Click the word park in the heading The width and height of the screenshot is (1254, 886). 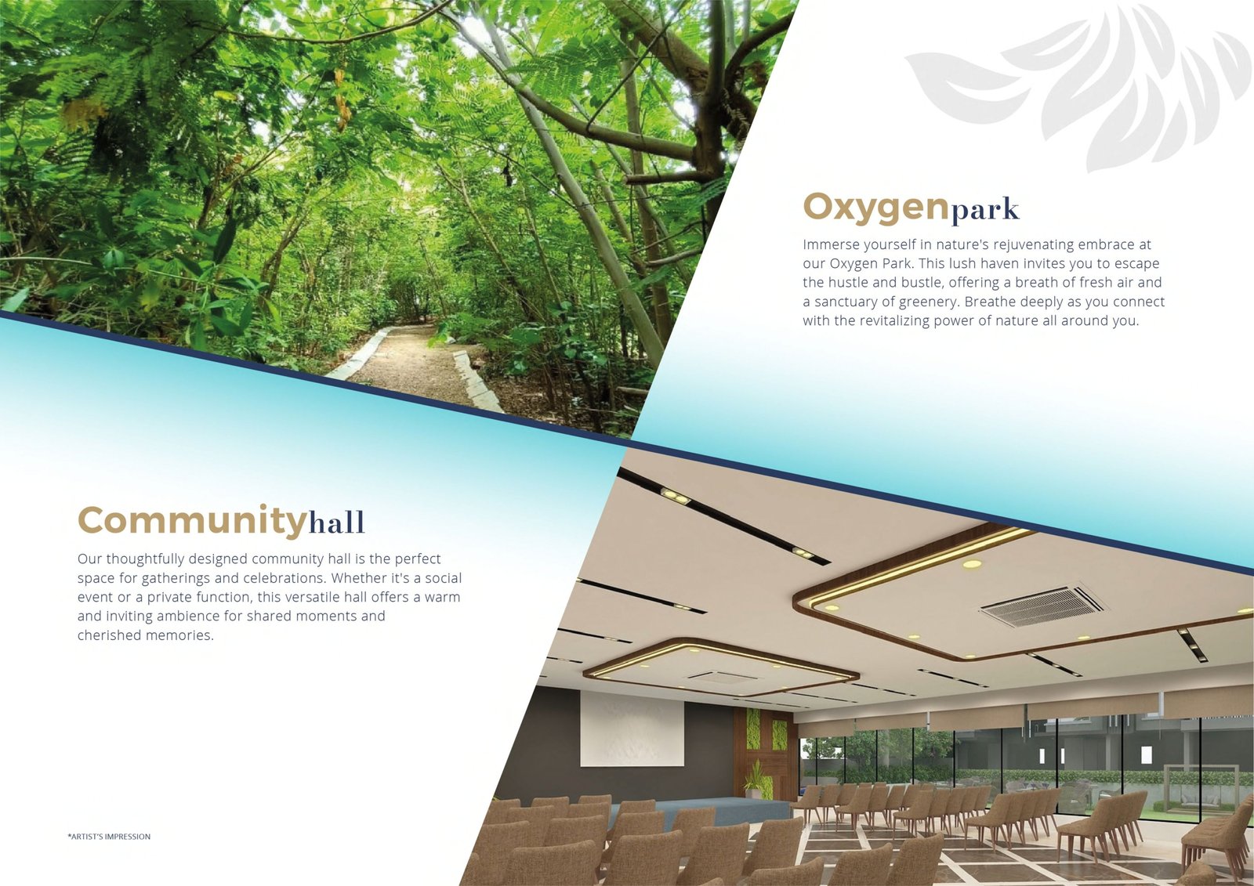pos(984,210)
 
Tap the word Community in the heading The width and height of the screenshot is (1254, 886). pos(193,522)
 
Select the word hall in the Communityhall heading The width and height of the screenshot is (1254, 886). pos(337,522)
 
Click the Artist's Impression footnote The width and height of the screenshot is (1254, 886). pos(109,837)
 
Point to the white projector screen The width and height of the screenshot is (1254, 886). pos(632,728)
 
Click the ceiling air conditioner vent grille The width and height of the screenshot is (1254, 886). pos(1042,606)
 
